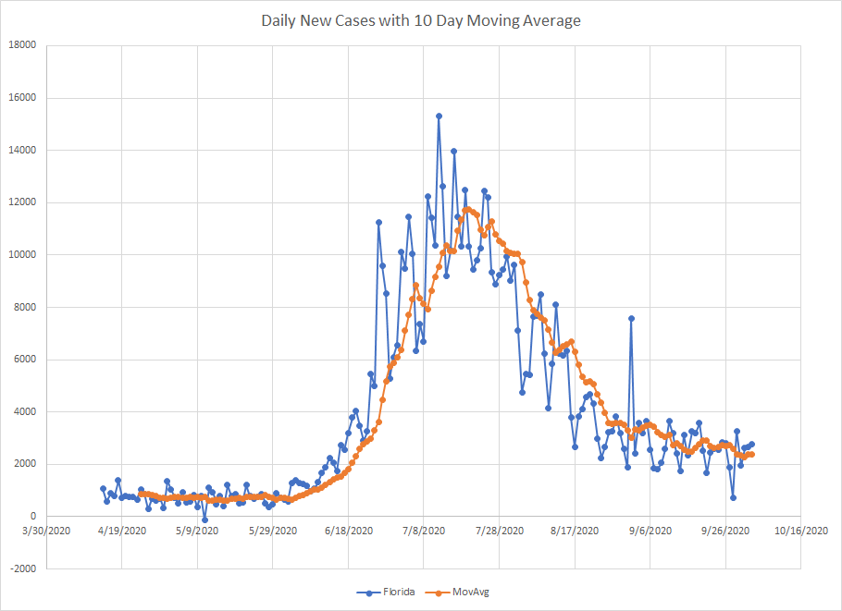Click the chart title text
pos(420,20)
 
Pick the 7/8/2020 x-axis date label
pos(424,532)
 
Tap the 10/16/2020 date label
pos(801,532)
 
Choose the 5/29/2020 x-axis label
pos(273,532)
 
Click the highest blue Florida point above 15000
pos(439,116)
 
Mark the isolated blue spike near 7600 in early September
pos(631,318)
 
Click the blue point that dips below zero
pos(204,519)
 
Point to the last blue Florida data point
pos(751,444)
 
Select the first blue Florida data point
pos(103,488)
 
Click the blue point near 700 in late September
pos(733,498)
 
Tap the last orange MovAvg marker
pos(751,454)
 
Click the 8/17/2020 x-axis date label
pos(575,532)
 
